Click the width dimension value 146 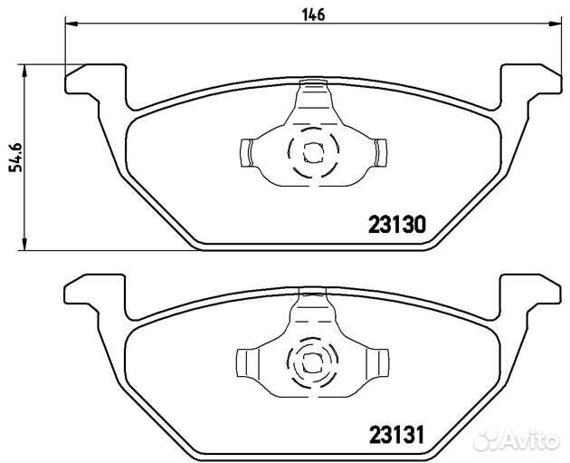pyautogui.click(x=313, y=14)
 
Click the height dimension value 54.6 pyautogui.click(x=16, y=158)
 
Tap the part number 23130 pyautogui.click(x=396, y=225)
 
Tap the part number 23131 pyautogui.click(x=396, y=435)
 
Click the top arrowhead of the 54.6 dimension pyautogui.click(x=24, y=72)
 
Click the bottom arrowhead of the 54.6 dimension pyautogui.click(x=24, y=244)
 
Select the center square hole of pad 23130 pyautogui.click(x=313, y=152)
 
